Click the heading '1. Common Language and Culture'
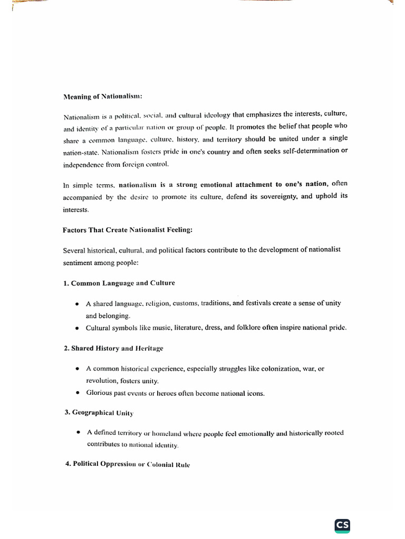[x=119, y=283]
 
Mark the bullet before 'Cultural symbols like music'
[x=77, y=328]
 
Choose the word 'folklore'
[x=246, y=327]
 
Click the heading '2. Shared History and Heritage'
[x=113, y=348]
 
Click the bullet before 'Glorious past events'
[x=77, y=393]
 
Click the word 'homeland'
[x=166, y=433]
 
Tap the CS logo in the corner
[x=342, y=525]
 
